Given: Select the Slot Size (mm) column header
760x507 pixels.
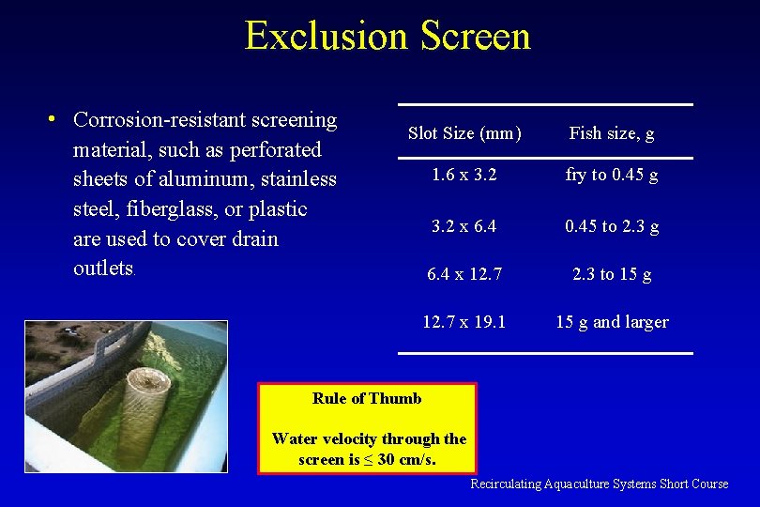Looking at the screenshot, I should pos(464,133).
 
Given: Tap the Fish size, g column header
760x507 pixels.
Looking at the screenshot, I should pos(612,133).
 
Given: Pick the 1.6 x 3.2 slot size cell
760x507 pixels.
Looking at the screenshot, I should pos(464,176).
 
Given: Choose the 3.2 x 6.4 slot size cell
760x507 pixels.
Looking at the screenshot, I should pos(464,226).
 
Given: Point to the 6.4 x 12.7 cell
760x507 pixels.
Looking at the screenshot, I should pos(464,274).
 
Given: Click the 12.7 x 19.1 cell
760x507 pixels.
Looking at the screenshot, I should pos(464,322).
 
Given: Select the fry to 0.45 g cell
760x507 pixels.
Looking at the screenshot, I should pos(612,176).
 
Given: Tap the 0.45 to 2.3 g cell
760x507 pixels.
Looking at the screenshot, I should pos(612,226).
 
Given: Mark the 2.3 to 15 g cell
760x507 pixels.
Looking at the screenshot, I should pos(612,274).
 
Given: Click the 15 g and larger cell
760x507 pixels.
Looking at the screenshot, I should pos(612,322).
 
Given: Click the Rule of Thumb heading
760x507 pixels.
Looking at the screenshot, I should pos(367,398).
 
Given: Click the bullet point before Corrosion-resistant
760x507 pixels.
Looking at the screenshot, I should pos(55,120).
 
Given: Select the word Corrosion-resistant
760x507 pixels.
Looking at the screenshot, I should pos(205,120).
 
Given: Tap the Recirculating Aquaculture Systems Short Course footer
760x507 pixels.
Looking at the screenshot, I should pos(599,484).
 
